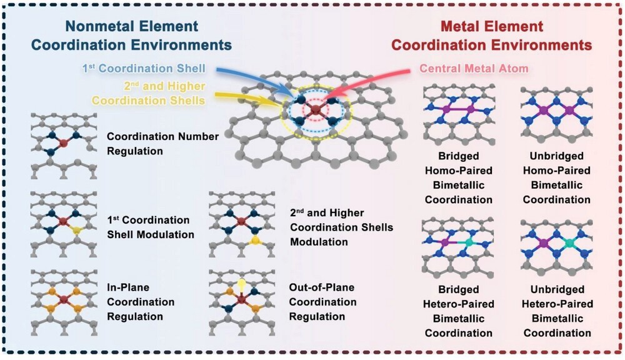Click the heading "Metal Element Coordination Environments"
[491, 36]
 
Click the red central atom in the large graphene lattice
[316, 111]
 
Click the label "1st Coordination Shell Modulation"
[150, 227]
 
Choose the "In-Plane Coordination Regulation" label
[141, 302]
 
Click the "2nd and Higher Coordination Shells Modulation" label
[341, 227]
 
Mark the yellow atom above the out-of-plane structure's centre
[241, 284]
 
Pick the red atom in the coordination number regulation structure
[63, 143]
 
